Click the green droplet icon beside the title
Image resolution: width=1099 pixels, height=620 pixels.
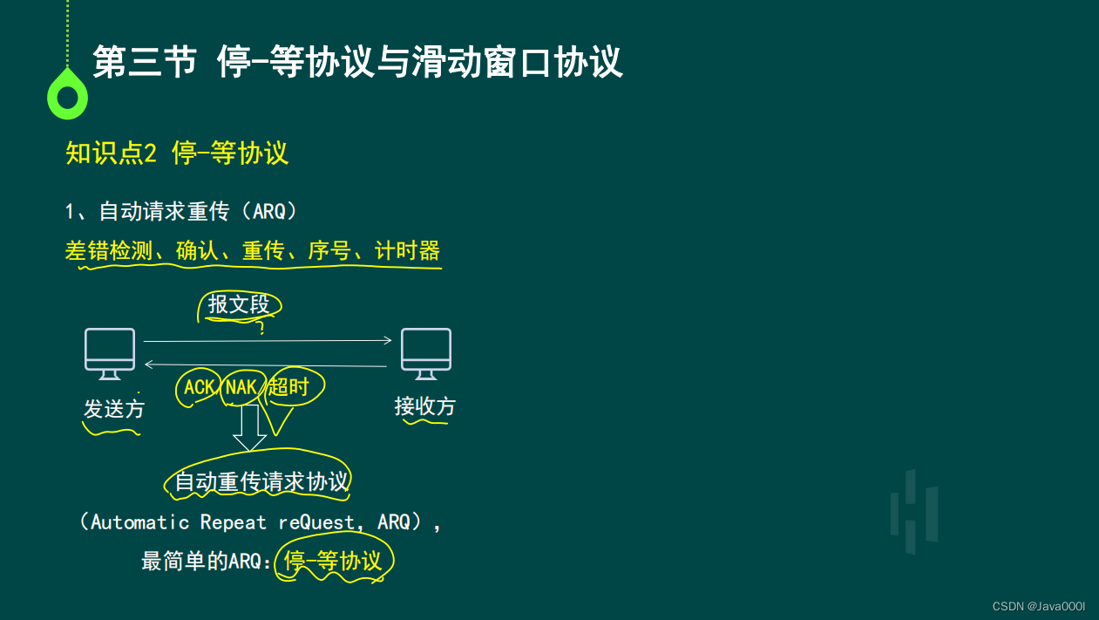(67, 94)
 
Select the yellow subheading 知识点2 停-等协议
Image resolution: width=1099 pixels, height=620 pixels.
(177, 153)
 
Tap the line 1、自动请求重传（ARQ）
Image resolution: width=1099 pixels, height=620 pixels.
(181, 211)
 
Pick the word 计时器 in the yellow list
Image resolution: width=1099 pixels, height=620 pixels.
(407, 251)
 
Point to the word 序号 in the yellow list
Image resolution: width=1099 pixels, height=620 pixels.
(329, 251)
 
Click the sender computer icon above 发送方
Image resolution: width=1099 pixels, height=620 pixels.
(110, 353)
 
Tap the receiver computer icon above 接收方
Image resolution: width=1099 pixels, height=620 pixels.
(425, 353)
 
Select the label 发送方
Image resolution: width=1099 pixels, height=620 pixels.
(114, 409)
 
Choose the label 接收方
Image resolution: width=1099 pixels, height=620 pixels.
(424, 406)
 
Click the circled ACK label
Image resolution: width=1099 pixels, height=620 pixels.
(200, 387)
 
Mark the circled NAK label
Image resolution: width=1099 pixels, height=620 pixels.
(241, 387)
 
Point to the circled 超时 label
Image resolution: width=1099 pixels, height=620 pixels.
(289, 386)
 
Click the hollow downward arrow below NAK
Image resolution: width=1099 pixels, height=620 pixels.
(250, 428)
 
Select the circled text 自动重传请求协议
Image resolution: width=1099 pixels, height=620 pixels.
(261, 481)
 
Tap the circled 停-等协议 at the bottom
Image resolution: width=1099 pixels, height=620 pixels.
(333, 561)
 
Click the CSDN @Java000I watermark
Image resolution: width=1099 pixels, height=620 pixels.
(1037, 606)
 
